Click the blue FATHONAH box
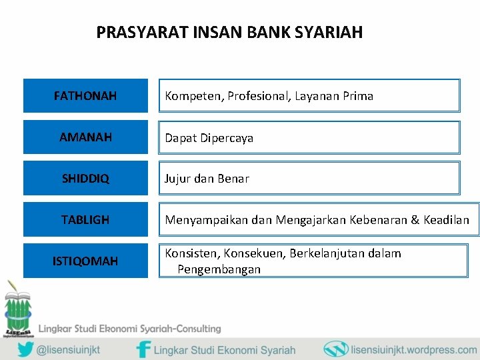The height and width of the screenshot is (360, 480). tap(85, 96)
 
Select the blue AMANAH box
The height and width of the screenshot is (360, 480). tap(85, 137)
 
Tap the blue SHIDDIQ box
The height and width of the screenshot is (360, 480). tap(85, 179)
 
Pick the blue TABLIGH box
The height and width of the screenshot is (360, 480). tap(85, 220)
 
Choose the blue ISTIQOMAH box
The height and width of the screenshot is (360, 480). tap(85, 261)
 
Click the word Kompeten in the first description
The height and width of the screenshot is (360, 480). tap(193, 96)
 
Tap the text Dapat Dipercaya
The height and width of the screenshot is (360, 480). tap(209, 138)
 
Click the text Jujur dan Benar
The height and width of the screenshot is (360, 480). tap(207, 179)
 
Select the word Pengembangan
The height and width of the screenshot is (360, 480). tap(219, 269)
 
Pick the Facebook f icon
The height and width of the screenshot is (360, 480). tap(143, 349)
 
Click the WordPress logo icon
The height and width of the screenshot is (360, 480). tap(336, 349)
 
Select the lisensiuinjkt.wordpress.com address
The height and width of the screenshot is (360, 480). tap(413, 349)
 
